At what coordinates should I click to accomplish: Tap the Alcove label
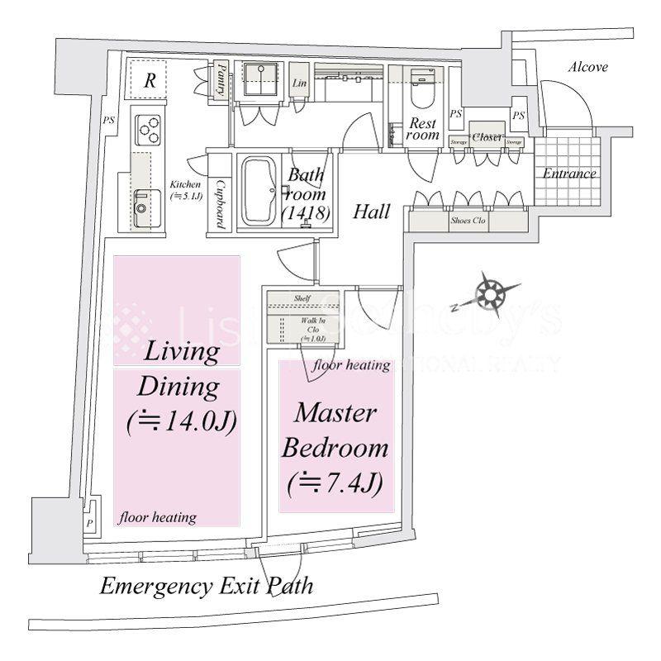point(587,68)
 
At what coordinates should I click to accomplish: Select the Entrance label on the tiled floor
point(569,174)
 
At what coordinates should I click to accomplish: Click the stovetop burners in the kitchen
point(148,127)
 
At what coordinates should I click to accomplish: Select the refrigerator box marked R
point(150,81)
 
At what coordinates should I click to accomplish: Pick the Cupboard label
point(221,203)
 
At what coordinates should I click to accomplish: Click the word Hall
point(372,212)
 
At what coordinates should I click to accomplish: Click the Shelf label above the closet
point(302,298)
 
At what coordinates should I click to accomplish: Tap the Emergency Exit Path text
point(206,587)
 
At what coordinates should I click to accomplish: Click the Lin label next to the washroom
point(299,83)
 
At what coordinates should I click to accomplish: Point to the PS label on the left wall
point(109,120)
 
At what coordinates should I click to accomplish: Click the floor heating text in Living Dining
point(157,518)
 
